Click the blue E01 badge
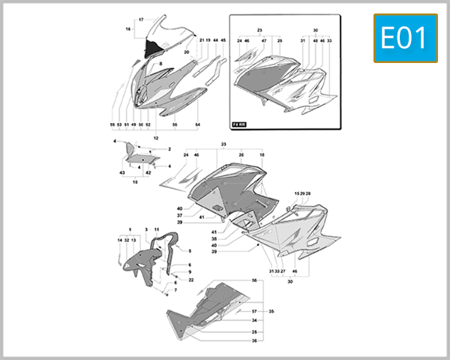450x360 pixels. (x=404, y=37)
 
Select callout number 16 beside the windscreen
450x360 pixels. (x=127, y=28)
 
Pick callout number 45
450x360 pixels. (x=223, y=39)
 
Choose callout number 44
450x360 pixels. (x=215, y=39)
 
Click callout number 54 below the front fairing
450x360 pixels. (x=198, y=124)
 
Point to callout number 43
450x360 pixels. (x=122, y=173)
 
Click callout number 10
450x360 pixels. (x=135, y=181)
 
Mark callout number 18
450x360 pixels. (x=262, y=154)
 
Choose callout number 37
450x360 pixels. (x=180, y=215)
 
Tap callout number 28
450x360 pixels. (x=307, y=193)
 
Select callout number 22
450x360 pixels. (x=191, y=280)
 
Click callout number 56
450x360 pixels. (x=254, y=280)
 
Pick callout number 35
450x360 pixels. (x=271, y=310)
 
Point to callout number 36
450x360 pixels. (x=254, y=341)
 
